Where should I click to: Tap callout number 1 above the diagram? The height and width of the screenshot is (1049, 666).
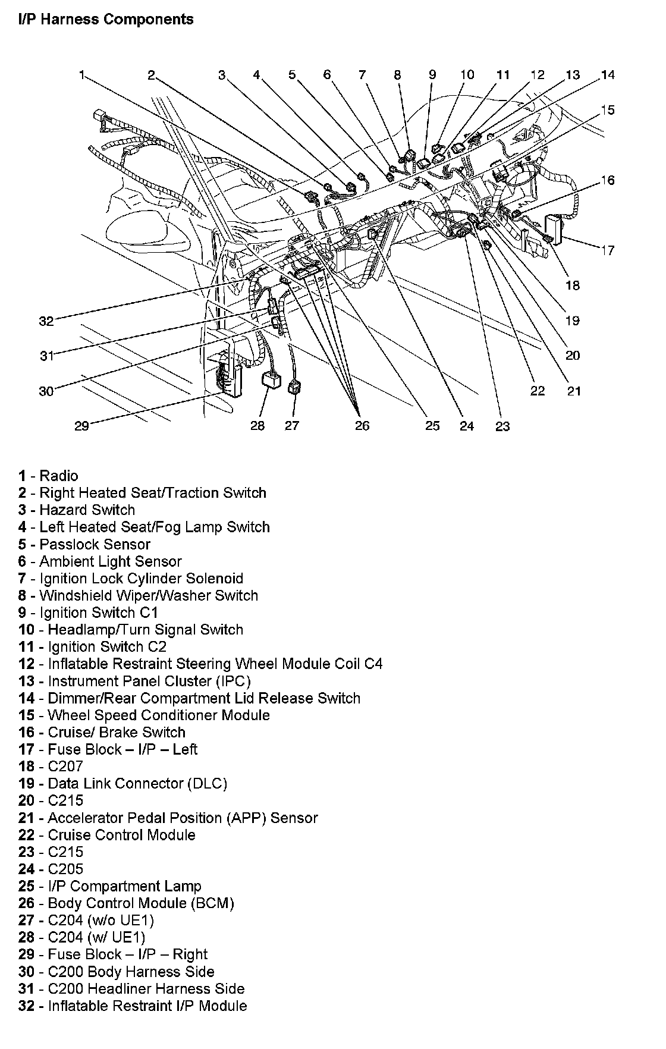[81, 75]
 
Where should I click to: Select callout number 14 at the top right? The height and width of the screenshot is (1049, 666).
[607, 75]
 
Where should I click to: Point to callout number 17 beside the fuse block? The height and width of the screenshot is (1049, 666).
[607, 250]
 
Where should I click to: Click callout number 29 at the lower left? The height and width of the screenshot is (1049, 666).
[81, 426]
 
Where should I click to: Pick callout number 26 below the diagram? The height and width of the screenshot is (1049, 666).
[362, 426]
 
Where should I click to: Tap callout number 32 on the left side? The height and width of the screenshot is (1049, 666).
[46, 321]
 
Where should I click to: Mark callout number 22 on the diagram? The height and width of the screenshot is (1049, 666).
[537, 391]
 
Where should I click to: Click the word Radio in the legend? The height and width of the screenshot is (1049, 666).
[59, 476]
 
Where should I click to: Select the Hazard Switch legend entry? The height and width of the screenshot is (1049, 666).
[87, 510]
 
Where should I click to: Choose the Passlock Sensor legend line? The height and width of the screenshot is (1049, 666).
[95, 545]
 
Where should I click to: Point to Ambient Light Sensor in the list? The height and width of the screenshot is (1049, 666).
[110, 562]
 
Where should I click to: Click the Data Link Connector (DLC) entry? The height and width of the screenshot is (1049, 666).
[137, 784]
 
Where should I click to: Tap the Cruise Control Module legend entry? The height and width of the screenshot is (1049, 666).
[121, 836]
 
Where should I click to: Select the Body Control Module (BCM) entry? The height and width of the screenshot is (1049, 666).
[141, 904]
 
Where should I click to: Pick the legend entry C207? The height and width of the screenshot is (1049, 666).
[65, 767]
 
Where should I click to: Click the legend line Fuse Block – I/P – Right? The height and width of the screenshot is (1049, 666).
[127, 955]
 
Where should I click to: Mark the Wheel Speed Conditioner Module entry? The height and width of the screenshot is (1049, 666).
[158, 715]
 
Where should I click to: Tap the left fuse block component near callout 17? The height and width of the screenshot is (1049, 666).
[554, 229]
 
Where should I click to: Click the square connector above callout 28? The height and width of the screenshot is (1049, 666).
[273, 380]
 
